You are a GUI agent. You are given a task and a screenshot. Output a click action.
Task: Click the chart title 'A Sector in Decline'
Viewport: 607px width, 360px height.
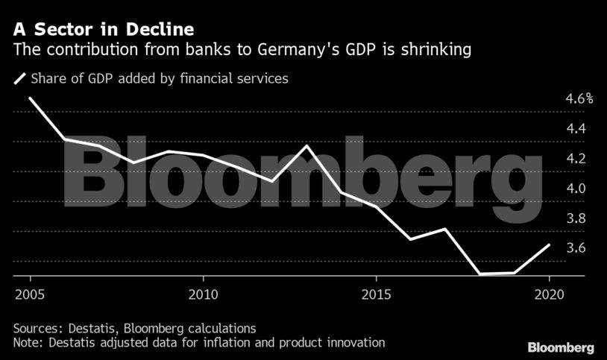[104, 30]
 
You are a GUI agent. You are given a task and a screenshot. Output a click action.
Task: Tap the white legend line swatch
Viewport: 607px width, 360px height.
[19, 78]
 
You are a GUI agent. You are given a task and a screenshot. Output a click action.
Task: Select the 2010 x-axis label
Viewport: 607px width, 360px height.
[203, 292]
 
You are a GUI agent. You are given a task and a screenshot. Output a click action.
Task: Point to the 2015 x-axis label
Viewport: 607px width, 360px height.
[376, 292]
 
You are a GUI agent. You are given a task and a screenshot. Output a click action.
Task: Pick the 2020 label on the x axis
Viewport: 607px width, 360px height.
[549, 292]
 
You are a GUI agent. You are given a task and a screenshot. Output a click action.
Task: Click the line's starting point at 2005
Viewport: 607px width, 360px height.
[30, 98]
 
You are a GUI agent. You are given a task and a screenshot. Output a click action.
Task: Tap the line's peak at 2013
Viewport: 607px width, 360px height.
[307, 145]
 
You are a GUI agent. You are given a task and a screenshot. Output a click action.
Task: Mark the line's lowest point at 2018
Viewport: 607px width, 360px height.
[479, 274]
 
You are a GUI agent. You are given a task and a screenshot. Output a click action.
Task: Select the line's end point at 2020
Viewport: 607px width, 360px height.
[549, 244]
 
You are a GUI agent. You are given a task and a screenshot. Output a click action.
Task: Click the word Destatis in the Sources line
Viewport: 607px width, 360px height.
[91, 328]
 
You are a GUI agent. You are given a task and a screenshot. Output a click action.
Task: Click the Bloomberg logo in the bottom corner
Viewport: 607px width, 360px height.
[561, 347]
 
